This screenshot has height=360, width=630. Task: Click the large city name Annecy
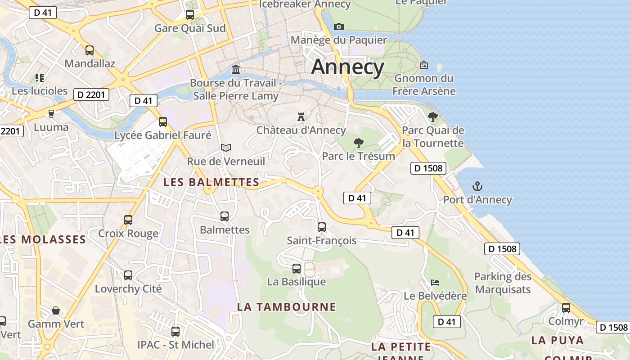click(x=347, y=67)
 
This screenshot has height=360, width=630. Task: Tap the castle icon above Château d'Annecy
click(x=301, y=117)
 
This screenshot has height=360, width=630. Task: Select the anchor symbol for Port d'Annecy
click(x=477, y=186)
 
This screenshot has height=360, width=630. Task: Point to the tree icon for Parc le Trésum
click(x=359, y=143)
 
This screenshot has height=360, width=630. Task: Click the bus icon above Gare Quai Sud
click(x=190, y=15)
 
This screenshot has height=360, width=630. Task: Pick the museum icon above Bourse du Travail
click(x=236, y=69)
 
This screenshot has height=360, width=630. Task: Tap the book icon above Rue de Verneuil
click(x=226, y=148)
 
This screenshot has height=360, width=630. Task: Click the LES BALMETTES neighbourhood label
click(x=211, y=182)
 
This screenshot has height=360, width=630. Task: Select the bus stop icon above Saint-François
click(x=322, y=227)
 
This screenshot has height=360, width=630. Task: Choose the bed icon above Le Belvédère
click(x=435, y=283)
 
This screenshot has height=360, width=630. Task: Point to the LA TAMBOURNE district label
click(x=287, y=307)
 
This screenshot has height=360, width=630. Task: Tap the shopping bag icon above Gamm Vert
click(x=56, y=310)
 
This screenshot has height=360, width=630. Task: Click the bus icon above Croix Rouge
click(x=128, y=220)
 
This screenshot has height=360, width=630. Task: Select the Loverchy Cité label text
click(x=128, y=289)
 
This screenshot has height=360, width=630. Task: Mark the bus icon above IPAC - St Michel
click(x=175, y=332)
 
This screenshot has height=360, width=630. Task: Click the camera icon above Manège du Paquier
click(x=339, y=27)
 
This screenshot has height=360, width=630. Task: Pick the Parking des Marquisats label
click(x=503, y=283)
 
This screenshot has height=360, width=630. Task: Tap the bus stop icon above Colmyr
click(x=566, y=308)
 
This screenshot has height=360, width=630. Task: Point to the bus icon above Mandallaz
click(x=90, y=50)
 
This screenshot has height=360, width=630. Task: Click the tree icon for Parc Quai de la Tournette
click(x=433, y=117)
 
